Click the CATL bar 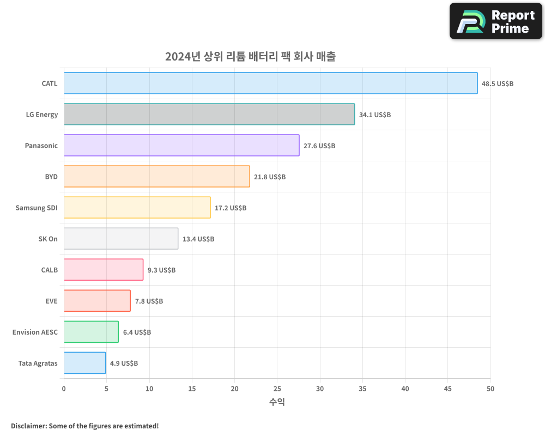tap(270, 83)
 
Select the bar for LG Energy tap(209, 114)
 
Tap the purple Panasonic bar tap(181, 146)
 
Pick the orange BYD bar tap(157, 177)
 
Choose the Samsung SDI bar tap(137, 208)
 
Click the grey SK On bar tap(121, 239)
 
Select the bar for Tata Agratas tap(85, 363)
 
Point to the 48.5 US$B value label tap(497, 84)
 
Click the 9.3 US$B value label tap(161, 270)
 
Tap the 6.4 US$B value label tap(137, 332)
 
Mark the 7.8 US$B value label tap(149, 301)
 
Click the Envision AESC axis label tap(35, 332)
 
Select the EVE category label tap(51, 301)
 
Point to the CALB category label tap(49, 270)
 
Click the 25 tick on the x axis tap(277, 389)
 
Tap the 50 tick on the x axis tap(491, 389)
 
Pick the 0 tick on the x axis tap(64, 389)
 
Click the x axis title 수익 tap(277, 402)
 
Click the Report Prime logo tap(496, 21)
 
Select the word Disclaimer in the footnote tap(28, 426)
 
